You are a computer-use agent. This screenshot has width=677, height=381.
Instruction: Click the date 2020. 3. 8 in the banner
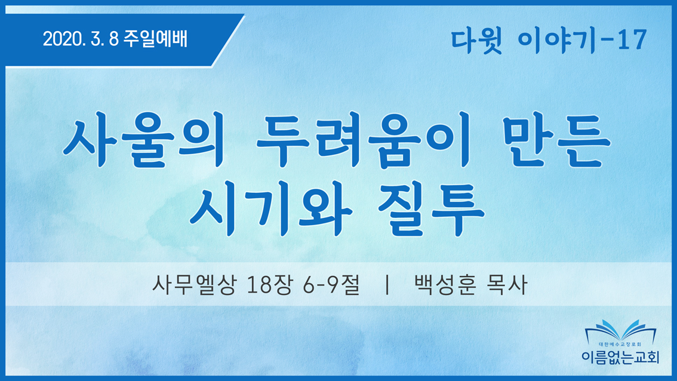pos(81,39)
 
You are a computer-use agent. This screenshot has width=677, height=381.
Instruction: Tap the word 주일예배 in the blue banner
pos(155,39)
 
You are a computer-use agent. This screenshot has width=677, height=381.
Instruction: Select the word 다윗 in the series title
pos(476,40)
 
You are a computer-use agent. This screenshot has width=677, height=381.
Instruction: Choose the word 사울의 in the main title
pos(145,139)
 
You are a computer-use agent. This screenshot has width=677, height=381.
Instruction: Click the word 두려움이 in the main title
pos(364,139)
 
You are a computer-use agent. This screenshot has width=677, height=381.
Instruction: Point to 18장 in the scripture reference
pos(269,285)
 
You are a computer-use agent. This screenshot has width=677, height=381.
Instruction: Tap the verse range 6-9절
pos(331,285)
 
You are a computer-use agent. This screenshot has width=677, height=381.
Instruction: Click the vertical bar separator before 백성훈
pos(387,285)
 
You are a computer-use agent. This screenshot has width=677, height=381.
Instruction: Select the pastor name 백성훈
pos(445,285)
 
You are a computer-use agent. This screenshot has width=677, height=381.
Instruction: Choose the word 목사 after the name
pos(506,285)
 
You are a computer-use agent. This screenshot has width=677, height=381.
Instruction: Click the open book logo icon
pos(620,330)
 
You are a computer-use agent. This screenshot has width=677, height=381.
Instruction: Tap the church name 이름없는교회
pos(620,357)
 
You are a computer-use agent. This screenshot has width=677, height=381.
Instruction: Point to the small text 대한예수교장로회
pos(620,345)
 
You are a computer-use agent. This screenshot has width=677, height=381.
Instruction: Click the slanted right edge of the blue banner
pos(228,41)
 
